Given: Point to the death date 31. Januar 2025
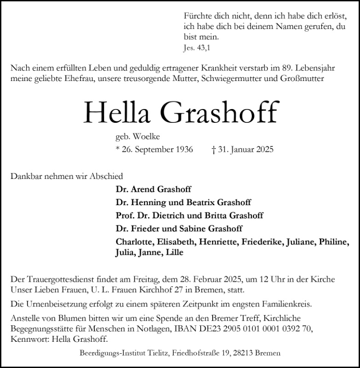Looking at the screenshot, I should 245,150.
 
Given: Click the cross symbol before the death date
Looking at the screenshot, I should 213,150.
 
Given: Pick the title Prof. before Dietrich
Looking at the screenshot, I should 125,215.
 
